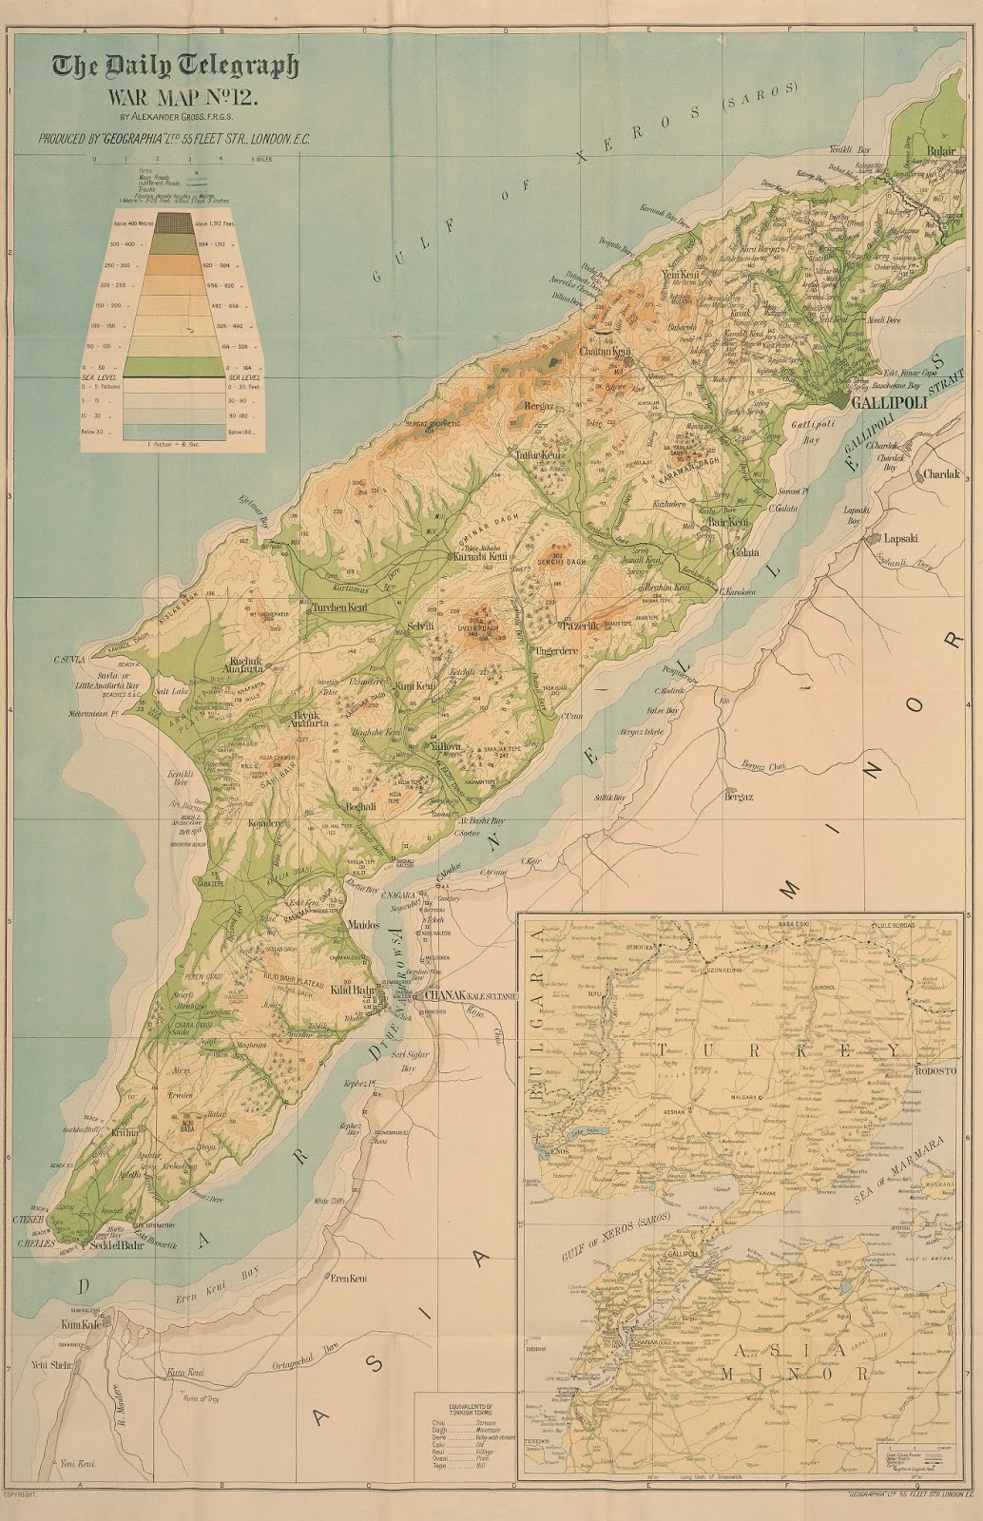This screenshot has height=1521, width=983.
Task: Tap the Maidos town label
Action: [x=365, y=925]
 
